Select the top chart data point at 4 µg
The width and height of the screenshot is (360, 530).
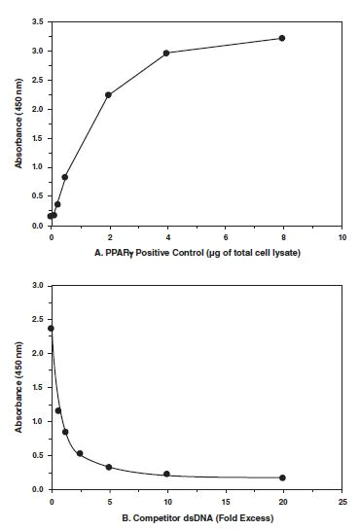pyautogui.click(x=166, y=53)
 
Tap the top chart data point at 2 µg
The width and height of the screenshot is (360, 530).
pyautogui.click(x=108, y=94)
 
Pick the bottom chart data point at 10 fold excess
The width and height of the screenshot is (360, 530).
pyautogui.click(x=166, y=475)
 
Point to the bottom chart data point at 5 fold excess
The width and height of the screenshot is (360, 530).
pyautogui.click(x=109, y=467)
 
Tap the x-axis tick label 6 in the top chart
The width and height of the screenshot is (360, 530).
pyautogui.click(x=225, y=236)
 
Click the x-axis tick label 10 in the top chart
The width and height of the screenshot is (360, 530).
pyautogui.click(x=341, y=236)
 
